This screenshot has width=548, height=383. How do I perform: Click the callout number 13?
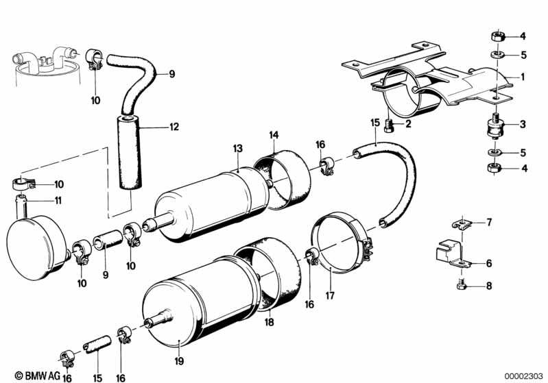[238, 148]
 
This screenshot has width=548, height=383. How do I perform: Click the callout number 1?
[522, 77]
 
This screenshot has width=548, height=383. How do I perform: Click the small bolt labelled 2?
[391, 125]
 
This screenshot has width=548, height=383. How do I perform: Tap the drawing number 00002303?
[521, 375]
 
